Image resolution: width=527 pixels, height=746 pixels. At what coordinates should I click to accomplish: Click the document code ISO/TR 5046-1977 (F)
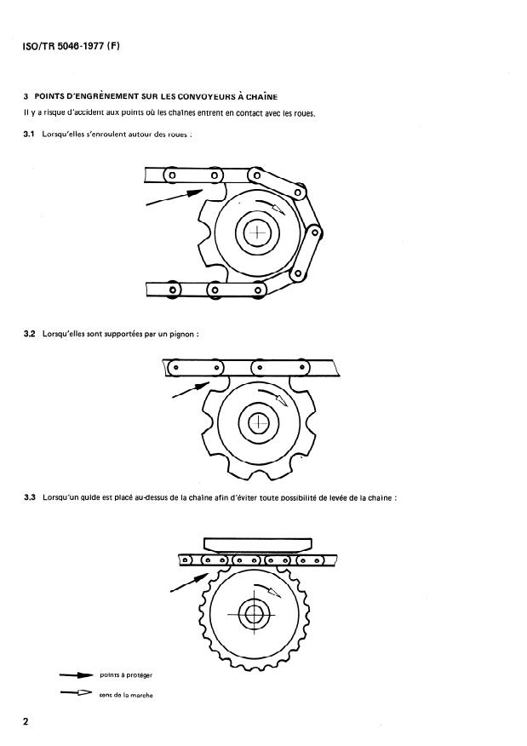[x=71, y=47]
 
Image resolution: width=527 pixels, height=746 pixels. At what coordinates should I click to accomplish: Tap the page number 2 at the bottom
[x=26, y=721]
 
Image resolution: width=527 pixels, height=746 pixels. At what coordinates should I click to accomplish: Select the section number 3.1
[x=29, y=135]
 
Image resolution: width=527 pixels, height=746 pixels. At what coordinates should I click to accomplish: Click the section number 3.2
[x=29, y=334]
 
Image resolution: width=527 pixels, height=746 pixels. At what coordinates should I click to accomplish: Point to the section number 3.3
[x=30, y=497]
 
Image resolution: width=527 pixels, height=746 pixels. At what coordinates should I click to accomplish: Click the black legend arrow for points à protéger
[x=76, y=675]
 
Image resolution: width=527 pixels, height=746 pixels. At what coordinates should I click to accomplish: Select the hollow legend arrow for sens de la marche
[x=76, y=692]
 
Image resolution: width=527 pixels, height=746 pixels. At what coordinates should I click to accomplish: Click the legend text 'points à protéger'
[x=126, y=675]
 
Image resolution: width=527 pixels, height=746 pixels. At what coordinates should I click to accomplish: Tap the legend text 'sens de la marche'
[x=126, y=695]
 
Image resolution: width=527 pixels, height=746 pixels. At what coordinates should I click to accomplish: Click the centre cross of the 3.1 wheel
[x=257, y=232]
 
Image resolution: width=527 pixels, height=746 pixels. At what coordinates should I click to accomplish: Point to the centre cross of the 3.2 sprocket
[x=259, y=422]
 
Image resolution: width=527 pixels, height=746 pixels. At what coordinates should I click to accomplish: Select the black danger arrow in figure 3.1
[x=175, y=198]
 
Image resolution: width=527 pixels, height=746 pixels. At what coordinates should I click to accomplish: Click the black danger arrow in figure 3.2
[x=191, y=390]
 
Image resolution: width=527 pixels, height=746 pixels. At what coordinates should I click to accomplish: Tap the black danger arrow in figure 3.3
[x=189, y=582]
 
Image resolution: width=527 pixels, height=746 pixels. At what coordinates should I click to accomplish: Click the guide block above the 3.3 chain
[x=257, y=545]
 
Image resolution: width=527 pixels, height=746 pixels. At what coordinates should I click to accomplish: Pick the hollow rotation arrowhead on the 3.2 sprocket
[x=283, y=400]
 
